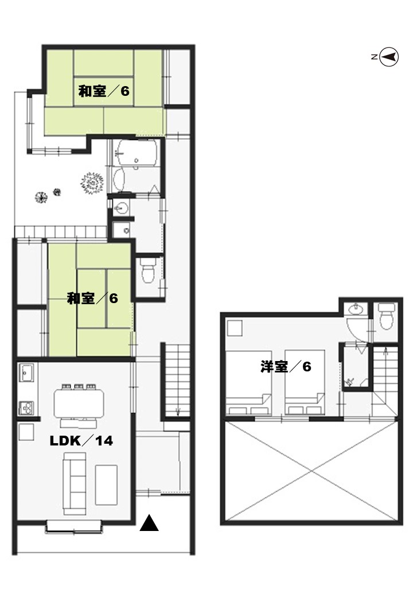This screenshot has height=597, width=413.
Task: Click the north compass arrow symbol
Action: coord(389,57)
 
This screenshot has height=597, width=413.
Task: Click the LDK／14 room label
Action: coord(81,441)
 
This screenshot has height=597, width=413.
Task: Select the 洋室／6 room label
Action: coord(286,367)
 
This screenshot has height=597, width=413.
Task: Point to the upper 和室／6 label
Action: coord(104,91)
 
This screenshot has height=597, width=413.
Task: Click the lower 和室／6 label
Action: coord(92,298)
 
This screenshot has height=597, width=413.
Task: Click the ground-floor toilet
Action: coord(147,271)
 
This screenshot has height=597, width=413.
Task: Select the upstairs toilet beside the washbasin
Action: coord(386,316)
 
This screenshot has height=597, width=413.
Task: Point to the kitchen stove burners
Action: coord(26,408)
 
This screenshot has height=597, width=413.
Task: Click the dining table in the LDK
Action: coord(79,403)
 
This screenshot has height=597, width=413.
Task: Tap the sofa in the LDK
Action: coord(75,483)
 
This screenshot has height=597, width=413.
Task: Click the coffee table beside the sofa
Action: coord(107,484)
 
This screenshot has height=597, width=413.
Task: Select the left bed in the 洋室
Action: coord(248,383)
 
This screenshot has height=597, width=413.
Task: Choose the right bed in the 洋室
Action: coord(305,383)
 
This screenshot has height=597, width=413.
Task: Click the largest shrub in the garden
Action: coord(92,184)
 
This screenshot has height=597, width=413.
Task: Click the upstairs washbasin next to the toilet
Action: coord(356,309)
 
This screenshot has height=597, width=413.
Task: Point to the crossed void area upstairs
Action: coord(312,471)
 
